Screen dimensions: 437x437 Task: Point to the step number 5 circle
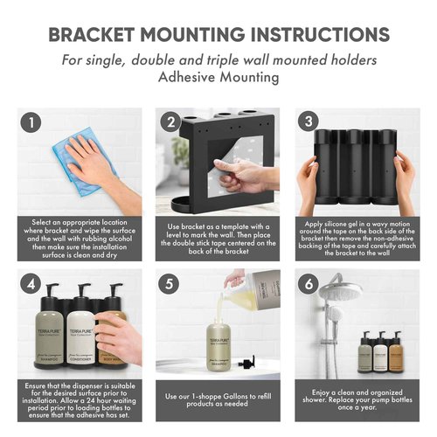click(169, 284)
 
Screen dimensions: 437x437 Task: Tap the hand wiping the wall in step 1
click(97, 162)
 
